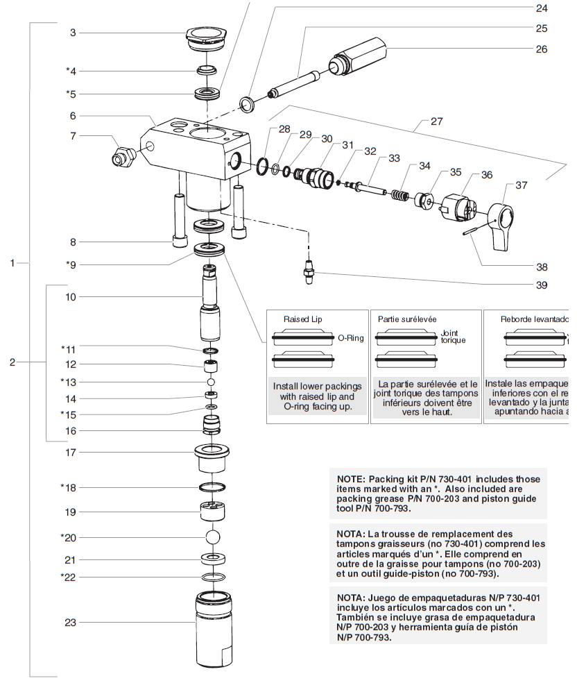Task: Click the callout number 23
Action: [70, 623]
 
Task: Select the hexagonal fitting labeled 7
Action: [125, 156]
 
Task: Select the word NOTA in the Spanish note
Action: [350, 598]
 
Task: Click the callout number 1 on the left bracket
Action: [12, 263]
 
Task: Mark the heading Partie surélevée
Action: [407, 319]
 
